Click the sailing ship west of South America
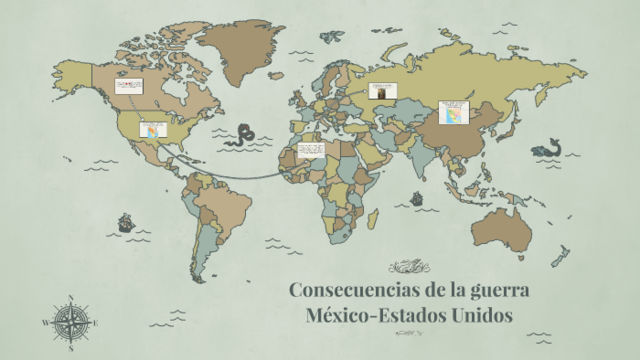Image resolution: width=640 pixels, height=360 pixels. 126,223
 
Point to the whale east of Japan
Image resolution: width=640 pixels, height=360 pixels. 546,147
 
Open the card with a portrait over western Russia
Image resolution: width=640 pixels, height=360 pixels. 383,92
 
